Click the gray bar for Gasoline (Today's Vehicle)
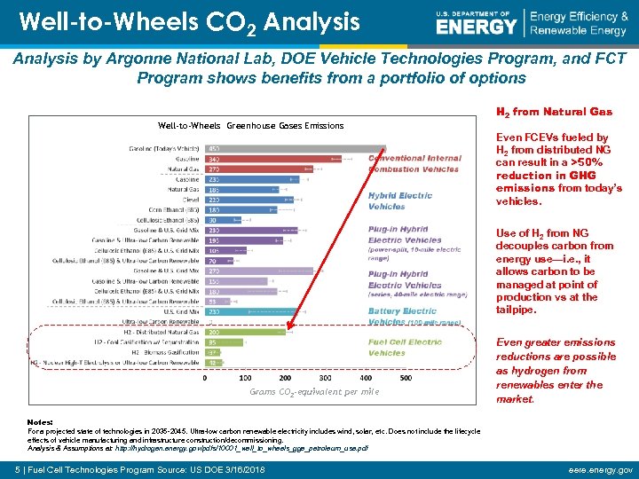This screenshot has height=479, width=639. pyautogui.click(x=293, y=148)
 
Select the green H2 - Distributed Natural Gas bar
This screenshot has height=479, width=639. pyautogui.click(x=244, y=331)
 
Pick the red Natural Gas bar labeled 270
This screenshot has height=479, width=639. pyautogui.click(x=257, y=169)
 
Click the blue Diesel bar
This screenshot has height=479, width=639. pyautogui.click(x=248, y=200)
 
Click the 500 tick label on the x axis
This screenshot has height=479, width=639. pyautogui.click(x=406, y=377)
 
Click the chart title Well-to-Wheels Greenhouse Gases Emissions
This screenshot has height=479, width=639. pyautogui.click(x=250, y=126)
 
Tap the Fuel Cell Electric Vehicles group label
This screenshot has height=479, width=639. pyautogui.click(x=405, y=347)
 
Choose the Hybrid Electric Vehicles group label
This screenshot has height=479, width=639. pyautogui.click(x=400, y=200)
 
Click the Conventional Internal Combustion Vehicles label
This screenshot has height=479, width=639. pyautogui.click(x=414, y=163)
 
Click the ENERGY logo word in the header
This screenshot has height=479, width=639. pyautogui.click(x=476, y=27)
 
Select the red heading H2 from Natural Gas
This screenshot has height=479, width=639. pyautogui.click(x=554, y=113)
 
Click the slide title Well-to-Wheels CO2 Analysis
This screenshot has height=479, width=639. pyautogui.click(x=189, y=21)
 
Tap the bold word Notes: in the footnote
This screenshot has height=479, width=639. pyautogui.click(x=41, y=421)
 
